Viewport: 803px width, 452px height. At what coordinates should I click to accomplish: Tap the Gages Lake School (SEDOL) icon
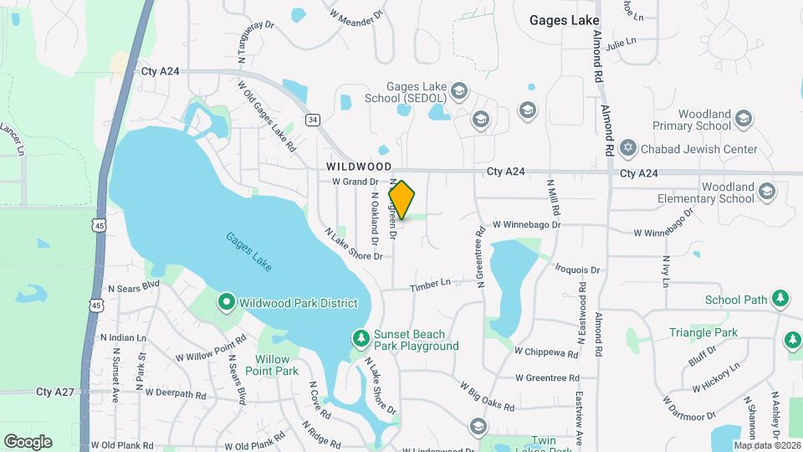(x=458, y=90)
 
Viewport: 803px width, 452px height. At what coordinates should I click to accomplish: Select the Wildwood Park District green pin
(x=226, y=301)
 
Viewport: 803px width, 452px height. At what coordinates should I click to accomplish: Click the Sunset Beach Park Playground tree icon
(x=361, y=337)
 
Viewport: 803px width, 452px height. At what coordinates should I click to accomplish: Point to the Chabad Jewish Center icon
(x=629, y=149)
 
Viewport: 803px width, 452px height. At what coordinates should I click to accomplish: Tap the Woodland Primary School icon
(x=743, y=121)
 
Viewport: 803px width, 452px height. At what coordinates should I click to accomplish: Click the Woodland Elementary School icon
(x=766, y=193)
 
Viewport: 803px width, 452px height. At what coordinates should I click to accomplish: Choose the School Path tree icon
(x=780, y=298)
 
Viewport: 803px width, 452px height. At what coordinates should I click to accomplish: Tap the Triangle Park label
(x=703, y=332)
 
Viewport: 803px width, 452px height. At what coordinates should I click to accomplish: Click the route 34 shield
(x=312, y=120)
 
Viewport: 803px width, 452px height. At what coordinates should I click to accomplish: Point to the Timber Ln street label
(x=430, y=286)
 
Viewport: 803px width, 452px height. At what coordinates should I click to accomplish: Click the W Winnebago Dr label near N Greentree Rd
(x=525, y=225)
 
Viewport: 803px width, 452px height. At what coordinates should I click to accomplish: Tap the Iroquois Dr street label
(x=577, y=270)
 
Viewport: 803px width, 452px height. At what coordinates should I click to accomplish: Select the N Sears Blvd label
(x=133, y=285)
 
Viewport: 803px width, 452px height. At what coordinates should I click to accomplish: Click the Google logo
(x=28, y=441)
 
